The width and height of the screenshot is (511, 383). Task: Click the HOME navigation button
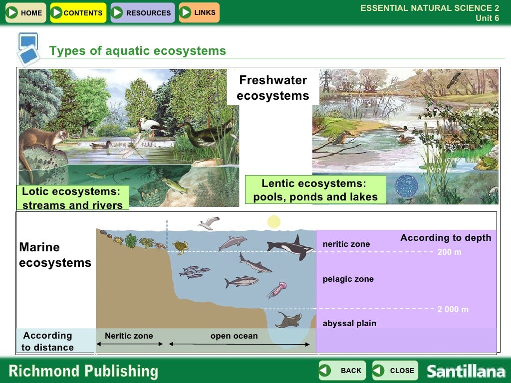click(25, 13)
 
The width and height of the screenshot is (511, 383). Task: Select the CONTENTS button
click(78, 13)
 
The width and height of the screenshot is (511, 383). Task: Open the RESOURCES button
click(143, 13)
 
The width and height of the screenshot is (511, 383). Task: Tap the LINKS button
click(199, 12)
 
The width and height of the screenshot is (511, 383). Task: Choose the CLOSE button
click(395, 371)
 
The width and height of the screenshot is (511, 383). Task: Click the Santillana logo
click(466, 372)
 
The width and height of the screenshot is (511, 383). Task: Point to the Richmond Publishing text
click(83, 372)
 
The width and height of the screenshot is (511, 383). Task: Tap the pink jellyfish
click(277, 289)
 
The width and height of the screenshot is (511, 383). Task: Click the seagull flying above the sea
click(209, 223)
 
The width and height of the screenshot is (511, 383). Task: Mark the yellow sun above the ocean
click(273, 221)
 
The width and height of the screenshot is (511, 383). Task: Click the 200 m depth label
click(449, 252)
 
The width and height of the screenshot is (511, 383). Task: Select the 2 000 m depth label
click(453, 310)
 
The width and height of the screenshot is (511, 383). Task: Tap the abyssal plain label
click(349, 324)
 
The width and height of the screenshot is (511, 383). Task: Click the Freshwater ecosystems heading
click(273, 88)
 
